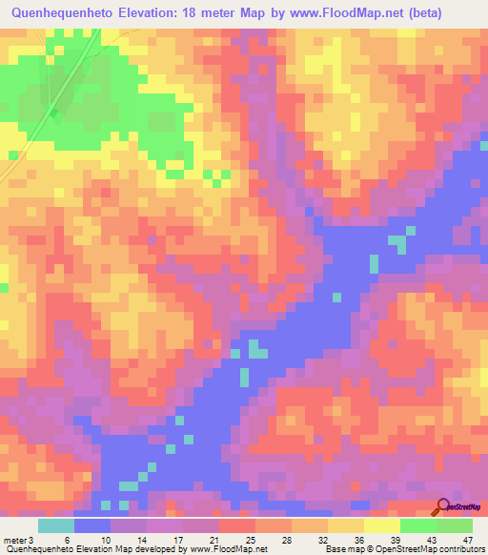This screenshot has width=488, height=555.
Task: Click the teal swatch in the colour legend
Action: coord(56,525)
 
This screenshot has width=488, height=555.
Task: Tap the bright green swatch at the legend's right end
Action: coord(455,525)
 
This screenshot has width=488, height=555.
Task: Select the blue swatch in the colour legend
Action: coord(92,525)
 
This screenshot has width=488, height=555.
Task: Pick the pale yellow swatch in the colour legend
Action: coord(382,525)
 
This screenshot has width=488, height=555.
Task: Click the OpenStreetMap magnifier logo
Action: coord(441,506)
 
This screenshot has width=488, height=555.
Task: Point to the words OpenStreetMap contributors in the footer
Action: coord(437,548)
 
